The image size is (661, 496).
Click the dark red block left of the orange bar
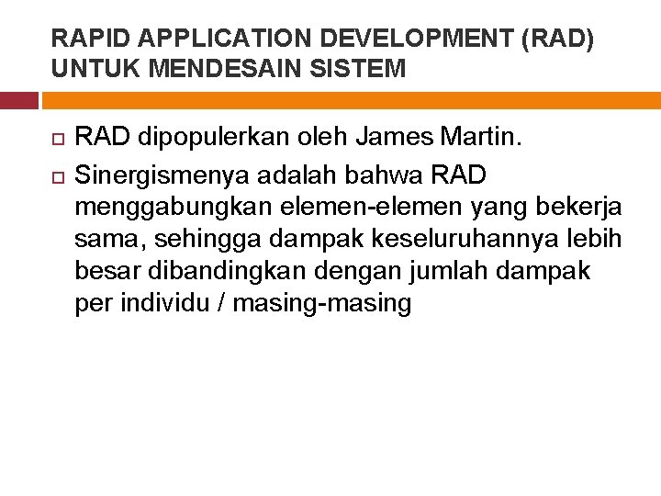click(18, 100)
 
